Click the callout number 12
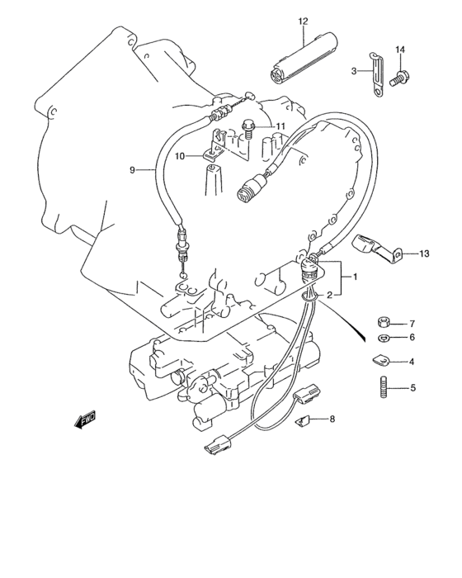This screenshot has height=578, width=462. (x=303, y=20)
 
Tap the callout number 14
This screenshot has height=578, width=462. (x=400, y=51)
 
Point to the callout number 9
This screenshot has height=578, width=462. (x=132, y=170)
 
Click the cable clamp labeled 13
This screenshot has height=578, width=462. (x=372, y=248)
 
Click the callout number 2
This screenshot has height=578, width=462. (x=329, y=294)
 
